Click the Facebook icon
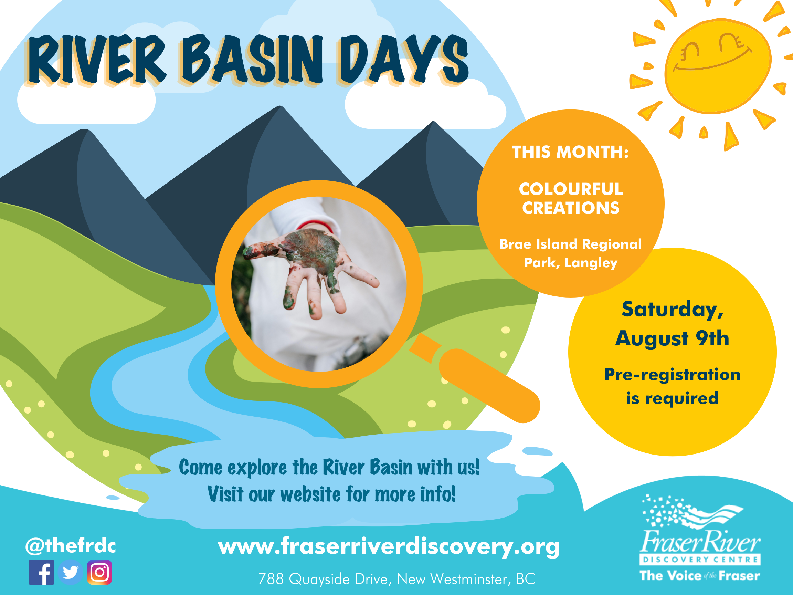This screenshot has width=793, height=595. click(41, 572)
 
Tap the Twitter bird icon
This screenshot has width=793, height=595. click(70, 572)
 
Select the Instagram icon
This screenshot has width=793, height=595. click(99, 572)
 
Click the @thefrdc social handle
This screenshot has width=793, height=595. click(71, 546)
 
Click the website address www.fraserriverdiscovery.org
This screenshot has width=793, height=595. click(389, 546)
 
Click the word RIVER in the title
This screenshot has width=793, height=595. click(97, 59)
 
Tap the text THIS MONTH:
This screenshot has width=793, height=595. click(570, 152)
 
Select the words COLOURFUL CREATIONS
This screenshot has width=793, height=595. click(571, 198)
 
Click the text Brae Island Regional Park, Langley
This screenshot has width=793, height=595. click(570, 253)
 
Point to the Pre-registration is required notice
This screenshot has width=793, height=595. click(672, 386)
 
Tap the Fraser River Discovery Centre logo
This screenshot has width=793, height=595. click(700, 537)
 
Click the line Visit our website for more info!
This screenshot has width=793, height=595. click(331, 494)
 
